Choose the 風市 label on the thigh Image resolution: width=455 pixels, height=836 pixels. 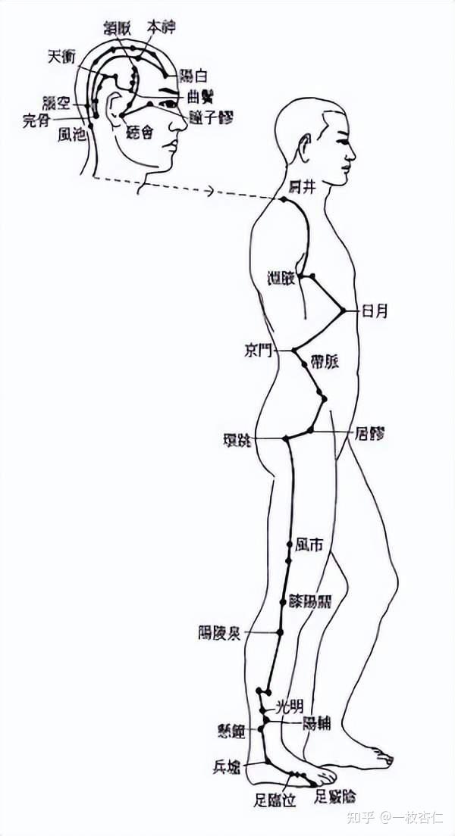[311, 544]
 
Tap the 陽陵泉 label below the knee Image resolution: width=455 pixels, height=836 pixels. [219, 633]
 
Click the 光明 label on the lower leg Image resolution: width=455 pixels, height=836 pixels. [290, 707]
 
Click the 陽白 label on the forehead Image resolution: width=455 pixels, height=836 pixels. [194, 76]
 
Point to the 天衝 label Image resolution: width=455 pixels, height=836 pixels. [61, 56]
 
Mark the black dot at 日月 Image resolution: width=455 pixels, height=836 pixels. [344, 310]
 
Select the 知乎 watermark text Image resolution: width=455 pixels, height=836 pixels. [359, 817]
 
